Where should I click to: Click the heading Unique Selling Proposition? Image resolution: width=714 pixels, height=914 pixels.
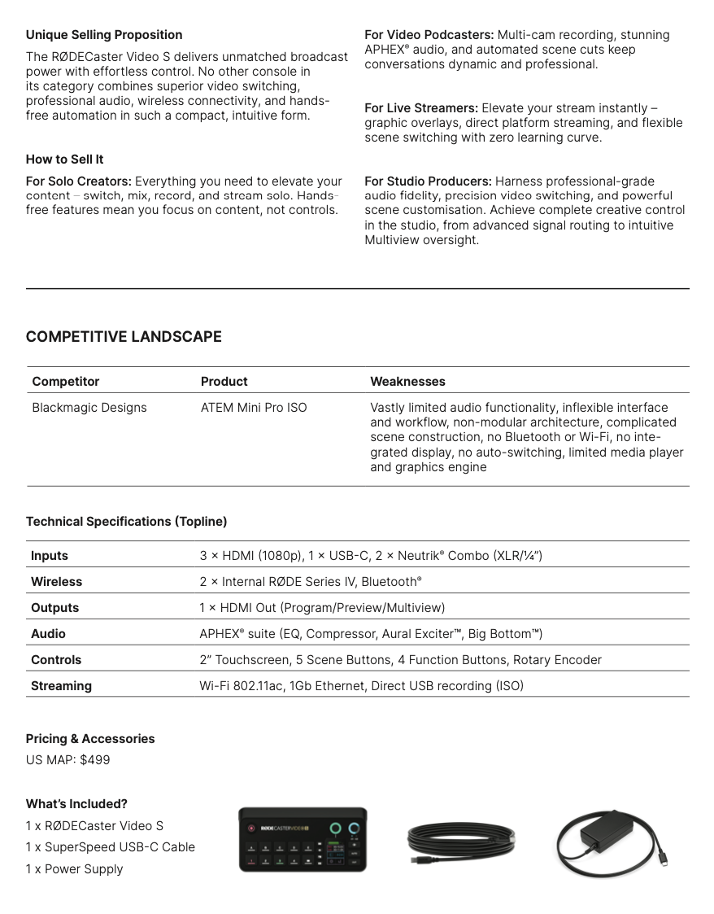point(104,35)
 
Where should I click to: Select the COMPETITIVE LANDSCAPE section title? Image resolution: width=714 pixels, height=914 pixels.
point(124,337)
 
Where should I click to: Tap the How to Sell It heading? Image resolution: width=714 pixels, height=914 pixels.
point(64,160)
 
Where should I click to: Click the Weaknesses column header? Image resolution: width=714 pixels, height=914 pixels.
point(407,382)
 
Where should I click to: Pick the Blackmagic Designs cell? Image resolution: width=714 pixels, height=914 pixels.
point(89,408)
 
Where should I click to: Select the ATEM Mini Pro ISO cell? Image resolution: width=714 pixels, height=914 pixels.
point(254,408)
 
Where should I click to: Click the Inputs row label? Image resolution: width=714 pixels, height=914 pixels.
point(50,556)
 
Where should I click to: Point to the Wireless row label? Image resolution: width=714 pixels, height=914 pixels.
point(56,582)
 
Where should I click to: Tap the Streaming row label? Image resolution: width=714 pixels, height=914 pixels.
point(61,686)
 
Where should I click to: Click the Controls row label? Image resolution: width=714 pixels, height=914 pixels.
point(56,660)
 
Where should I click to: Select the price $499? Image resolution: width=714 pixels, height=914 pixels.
point(95,760)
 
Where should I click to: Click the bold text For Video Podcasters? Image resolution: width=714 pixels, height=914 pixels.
point(429,35)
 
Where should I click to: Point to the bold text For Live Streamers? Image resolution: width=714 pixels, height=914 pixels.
point(421,108)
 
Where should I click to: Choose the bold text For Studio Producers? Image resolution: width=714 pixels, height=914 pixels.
point(428,181)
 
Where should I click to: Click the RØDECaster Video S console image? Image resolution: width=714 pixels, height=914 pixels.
point(303,840)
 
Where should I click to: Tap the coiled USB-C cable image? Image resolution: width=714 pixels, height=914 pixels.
point(461,842)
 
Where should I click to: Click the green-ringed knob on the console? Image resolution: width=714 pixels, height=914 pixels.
point(335,828)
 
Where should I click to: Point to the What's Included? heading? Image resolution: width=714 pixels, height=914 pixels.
point(76,804)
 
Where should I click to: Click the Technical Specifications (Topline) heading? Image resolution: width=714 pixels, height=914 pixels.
point(126,522)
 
